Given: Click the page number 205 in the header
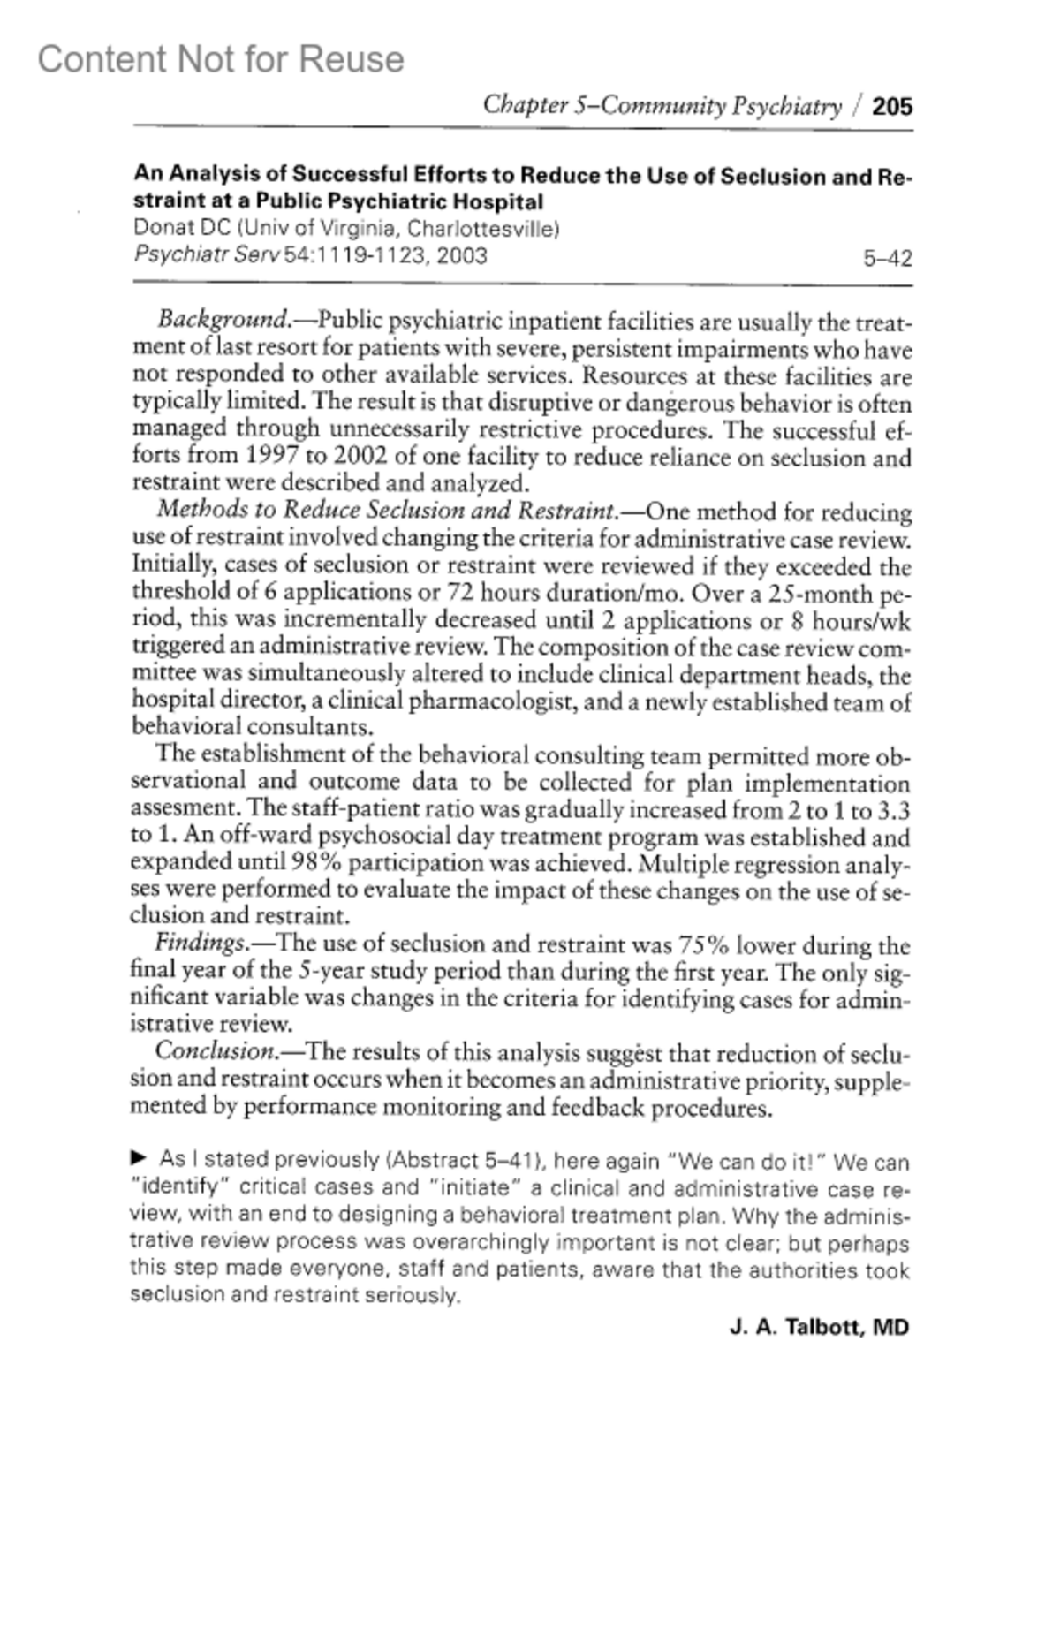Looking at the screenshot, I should pyautogui.click(x=892, y=107).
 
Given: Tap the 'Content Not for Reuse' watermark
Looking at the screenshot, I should pyautogui.click(x=221, y=59).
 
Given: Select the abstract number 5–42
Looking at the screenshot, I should pyautogui.click(x=887, y=259).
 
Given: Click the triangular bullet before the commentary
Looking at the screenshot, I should pyautogui.click(x=138, y=1157).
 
